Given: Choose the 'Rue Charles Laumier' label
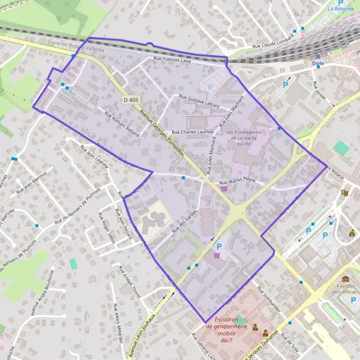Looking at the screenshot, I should click(x=193, y=131).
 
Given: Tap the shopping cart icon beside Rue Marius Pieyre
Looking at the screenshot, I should click(x=224, y=188).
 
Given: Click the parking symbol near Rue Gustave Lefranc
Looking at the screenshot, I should click(x=209, y=87).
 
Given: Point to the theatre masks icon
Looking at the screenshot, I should click(x=344, y=193).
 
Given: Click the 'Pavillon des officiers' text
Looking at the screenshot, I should click(x=346, y=289).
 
